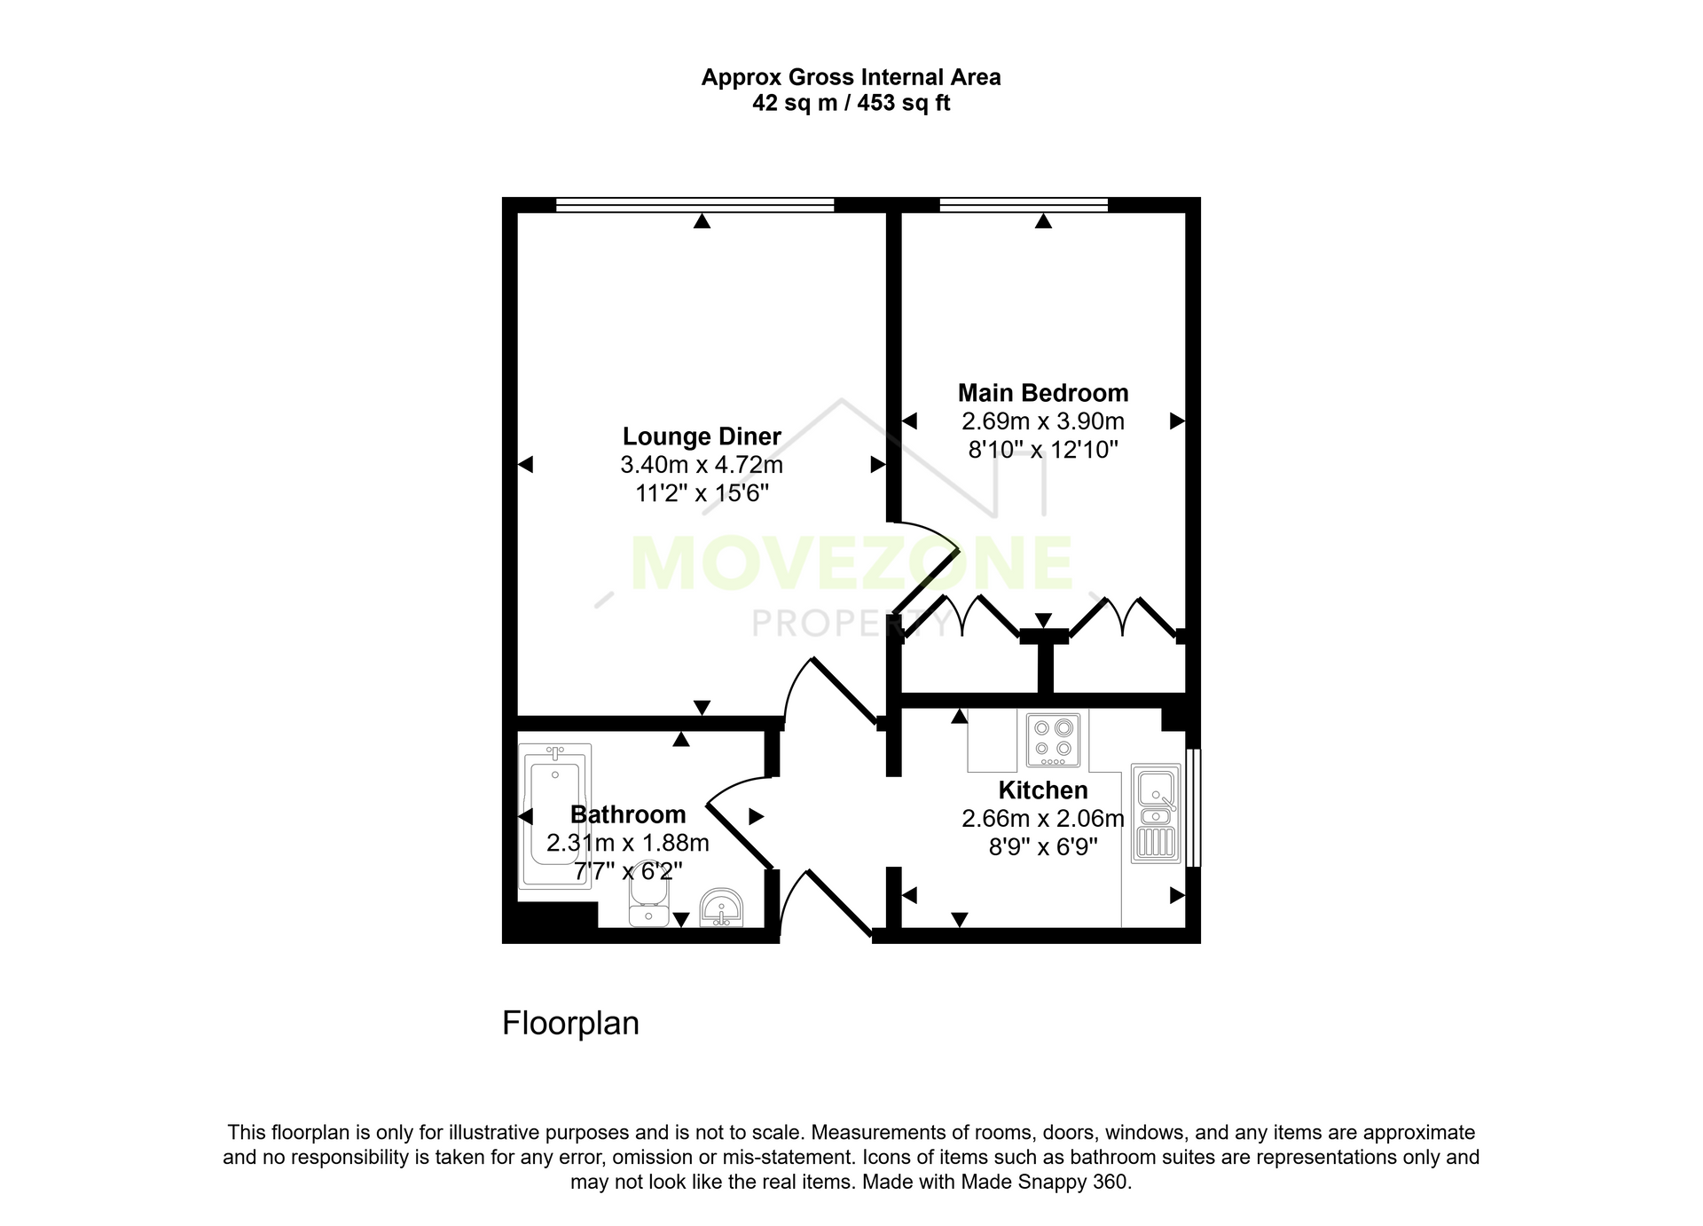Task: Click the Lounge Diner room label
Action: pos(702,436)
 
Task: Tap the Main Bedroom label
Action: pos(1043,393)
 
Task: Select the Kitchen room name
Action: pos(1043,790)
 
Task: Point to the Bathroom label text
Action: pos(628,814)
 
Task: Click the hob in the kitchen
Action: pos(1054,739)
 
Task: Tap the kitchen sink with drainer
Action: pos(1157,813)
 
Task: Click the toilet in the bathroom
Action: pos(648,897)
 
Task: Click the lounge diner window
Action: pos(695,205)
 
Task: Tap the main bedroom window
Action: pos(1024,205)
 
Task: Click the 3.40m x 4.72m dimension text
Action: pos(702,465)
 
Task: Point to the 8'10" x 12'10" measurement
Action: pos(1043,450)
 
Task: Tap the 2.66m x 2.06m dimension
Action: pos(1043,818)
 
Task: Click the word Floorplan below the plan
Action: pos(570,1024)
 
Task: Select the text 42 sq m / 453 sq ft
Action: pos(851,104)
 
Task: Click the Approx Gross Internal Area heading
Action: pos(851,77)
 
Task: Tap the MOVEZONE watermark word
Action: pos(851,563)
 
